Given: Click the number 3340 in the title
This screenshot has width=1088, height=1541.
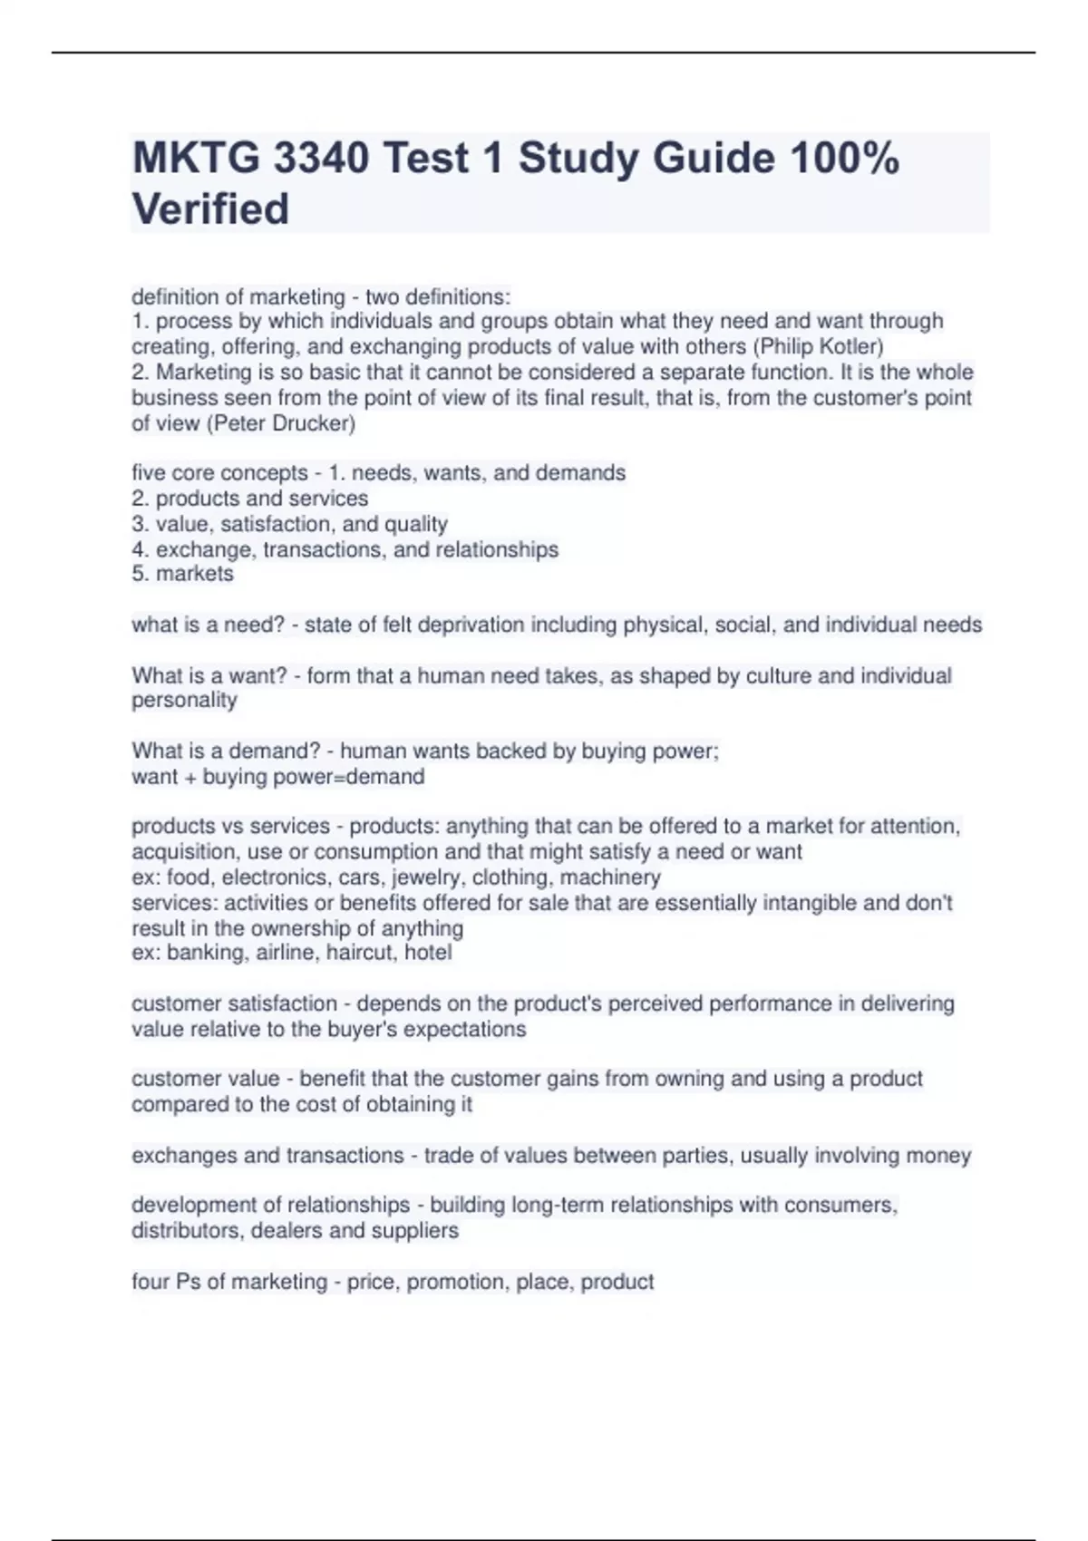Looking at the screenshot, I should tap(320, 159).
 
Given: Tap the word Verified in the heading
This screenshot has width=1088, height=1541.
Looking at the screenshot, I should tap(210, 209).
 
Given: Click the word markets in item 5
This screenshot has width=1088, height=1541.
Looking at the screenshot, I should tap(195, 574).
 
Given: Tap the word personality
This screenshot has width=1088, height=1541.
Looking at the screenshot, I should tap(184, 701).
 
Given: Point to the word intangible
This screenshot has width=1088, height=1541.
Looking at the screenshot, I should tap(808, 903).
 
